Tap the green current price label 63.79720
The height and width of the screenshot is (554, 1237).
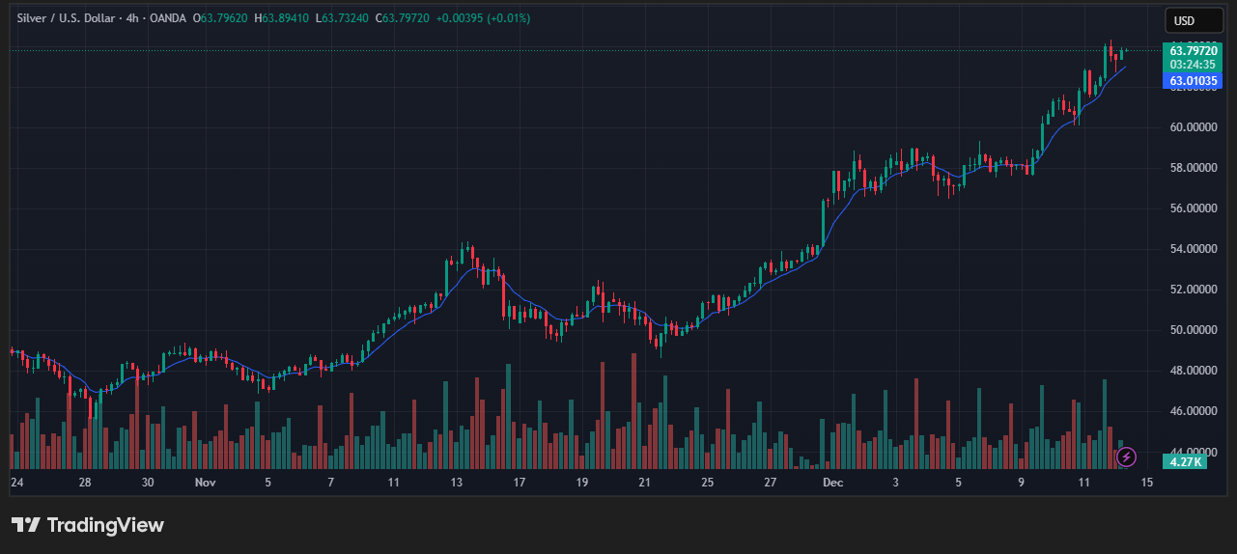[x=1194, y=50]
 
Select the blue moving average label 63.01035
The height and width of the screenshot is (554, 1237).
[x=1194, y=81]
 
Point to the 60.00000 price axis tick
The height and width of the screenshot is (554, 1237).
[x=1194, y=126]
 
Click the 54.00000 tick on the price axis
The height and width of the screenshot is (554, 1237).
[x=1194, y=248]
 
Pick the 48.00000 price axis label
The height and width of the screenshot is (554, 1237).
[x=1194, y=370]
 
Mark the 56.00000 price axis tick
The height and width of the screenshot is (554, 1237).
[x=1194, y=208]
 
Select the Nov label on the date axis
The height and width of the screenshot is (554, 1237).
[x=205, y=481]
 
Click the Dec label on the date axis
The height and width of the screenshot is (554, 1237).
[x=831, y=481]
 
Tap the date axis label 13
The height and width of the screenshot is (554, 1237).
[x=457, y=481]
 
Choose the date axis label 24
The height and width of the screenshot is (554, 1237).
[x=16, y=481]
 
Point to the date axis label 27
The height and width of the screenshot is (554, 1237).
[x=770, y=481]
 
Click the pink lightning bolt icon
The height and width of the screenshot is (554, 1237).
[x=1126, y=457]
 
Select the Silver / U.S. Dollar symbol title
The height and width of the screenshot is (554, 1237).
[x=65, y=18]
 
